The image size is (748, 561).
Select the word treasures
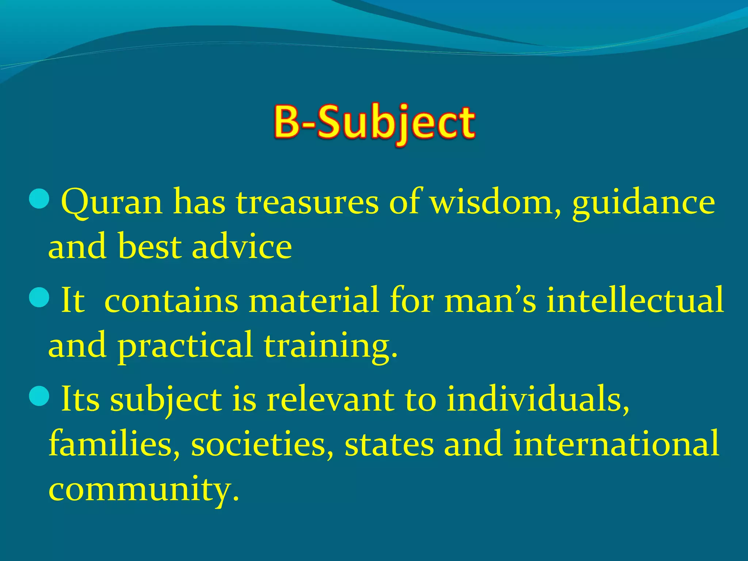(x=307, y=203)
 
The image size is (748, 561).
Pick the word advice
(x=242, y=247)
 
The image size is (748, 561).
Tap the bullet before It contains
(x=39, y=298)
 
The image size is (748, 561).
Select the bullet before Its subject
(x=39, y=396)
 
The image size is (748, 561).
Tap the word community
(x=144, y=489)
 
